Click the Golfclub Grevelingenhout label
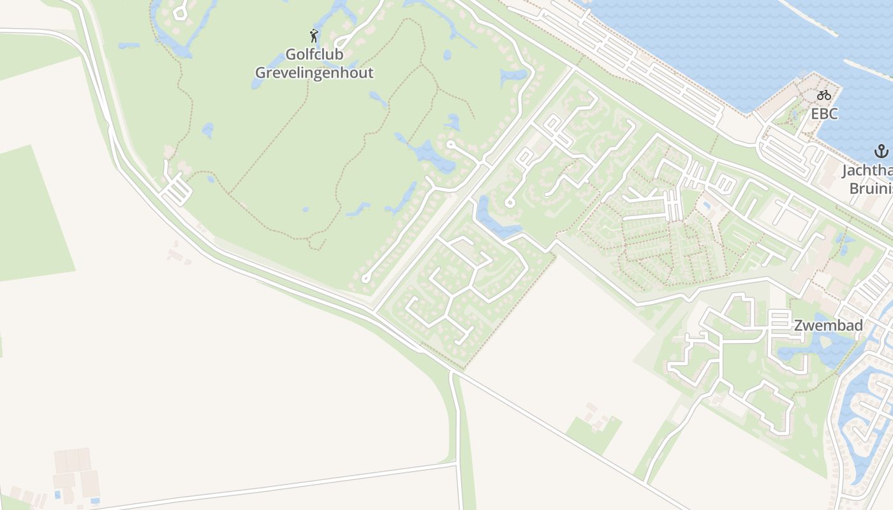[314, 63]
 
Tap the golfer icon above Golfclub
[313, 35]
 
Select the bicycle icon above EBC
[824, 95]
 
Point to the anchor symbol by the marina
[881, 152]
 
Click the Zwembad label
[828, 326]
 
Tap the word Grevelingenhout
[314, 73]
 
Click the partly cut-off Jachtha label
[867, 171]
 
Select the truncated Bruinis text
[871, 189]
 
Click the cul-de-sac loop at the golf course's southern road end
[365, 278]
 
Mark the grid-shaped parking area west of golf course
[176, 190]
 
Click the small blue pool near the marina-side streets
[706, 206]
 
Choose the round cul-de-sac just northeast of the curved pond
[510, 203]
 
